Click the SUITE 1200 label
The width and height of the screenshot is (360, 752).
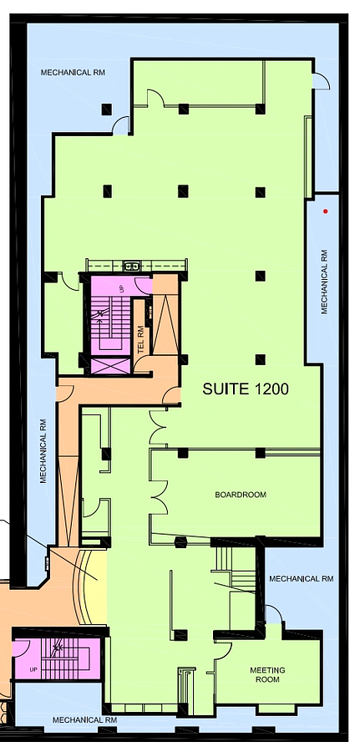coord(246,389)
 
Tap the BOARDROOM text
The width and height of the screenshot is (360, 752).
coord(241,495)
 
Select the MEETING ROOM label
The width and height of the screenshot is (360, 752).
coord(267,675)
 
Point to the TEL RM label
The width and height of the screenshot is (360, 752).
coord(140,340)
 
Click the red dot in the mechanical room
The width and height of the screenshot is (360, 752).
coord(326,211)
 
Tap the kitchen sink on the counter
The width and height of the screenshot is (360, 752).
coord(130,265)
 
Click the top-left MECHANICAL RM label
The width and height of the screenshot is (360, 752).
coord(73,73)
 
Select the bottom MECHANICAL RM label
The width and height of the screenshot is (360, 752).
coord(84,720)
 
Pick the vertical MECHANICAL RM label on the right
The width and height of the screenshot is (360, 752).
coord(325,282)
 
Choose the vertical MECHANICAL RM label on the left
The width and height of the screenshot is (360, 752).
coord(43,451)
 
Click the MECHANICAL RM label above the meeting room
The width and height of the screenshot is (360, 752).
coord(301,579)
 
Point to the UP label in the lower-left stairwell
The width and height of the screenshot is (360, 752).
coord(33,669)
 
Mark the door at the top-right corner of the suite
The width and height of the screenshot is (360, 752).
coord(321,80)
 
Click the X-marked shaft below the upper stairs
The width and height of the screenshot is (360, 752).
coord(110,367)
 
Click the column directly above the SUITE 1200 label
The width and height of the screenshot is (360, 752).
coord(261,359)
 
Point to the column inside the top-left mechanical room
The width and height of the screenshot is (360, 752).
coord(106,109)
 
